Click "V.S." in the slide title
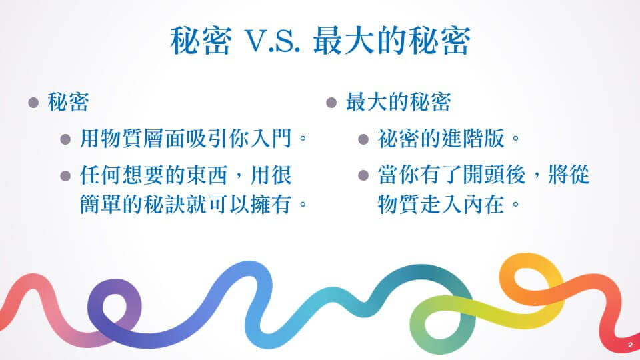pos(272,41)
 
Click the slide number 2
pos(630,345)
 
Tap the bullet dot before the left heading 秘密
pos(33,102)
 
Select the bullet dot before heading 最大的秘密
pos(331,102)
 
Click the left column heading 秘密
pos(68,102)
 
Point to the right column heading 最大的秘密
pos(399,102)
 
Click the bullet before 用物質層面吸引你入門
pos(65,139)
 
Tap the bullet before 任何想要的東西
pos(65,176)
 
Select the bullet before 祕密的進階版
pos(363,139)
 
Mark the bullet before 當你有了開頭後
pos(363,176)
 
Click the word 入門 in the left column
pos(271,139)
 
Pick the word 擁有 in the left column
pos(271,204)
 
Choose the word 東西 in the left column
pos(207,175)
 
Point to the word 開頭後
pos(494,175)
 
